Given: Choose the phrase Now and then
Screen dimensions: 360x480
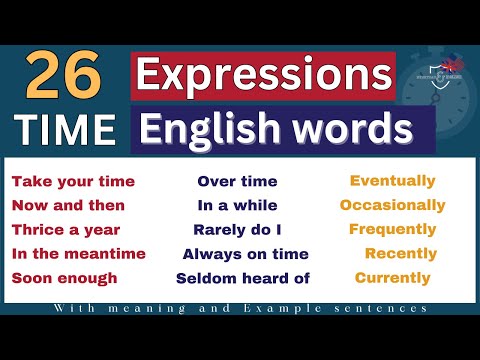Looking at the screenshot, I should (68, 206).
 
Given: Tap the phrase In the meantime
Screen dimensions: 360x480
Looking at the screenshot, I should (78, 254).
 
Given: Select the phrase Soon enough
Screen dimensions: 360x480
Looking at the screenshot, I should (65, 278).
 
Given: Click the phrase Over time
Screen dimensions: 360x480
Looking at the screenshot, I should (237, 182).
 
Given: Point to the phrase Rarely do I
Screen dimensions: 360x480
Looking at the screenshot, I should (237, 230).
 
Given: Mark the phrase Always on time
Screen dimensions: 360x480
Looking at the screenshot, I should (245, 254).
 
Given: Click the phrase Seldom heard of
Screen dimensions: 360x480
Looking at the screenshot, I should (243, 278).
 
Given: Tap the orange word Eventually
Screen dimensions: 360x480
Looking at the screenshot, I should (392, 181).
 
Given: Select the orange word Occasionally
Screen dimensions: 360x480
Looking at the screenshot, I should (392, 205).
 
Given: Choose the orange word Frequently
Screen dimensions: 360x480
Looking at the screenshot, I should (392, 229).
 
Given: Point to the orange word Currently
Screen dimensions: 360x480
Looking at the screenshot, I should (392, 277).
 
